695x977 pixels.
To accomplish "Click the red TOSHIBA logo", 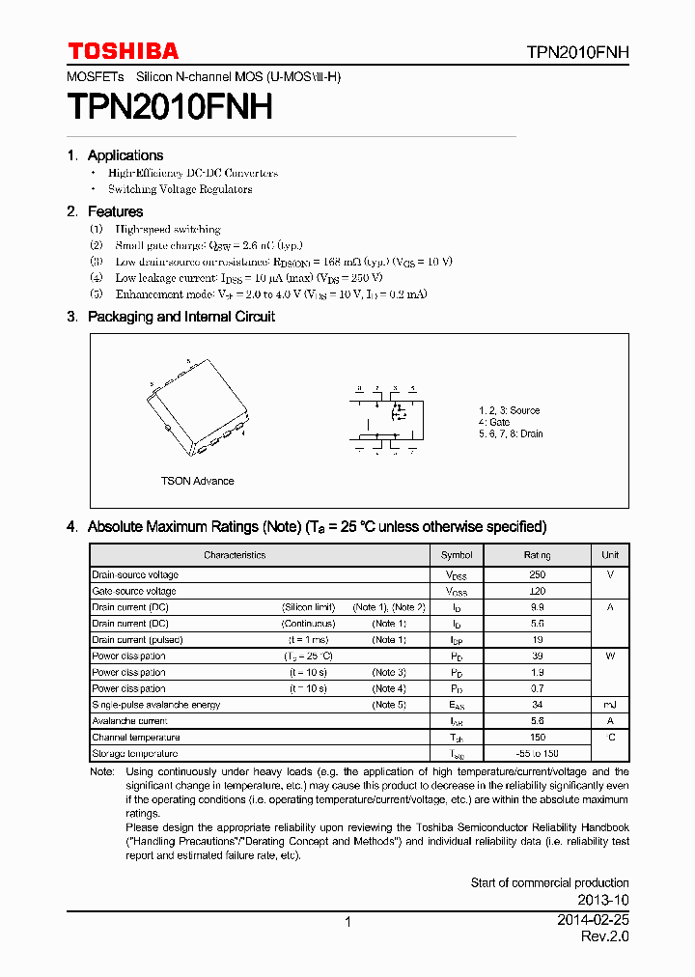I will pyautogui.click(x=123, y=51).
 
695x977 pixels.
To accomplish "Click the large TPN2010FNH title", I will pyautogui.click(x=169, y=106).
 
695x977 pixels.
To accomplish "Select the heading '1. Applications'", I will pyautogui.click(x=115, y=155).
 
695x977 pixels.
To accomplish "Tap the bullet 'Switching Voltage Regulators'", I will pyautogui.click(x=180, y=189).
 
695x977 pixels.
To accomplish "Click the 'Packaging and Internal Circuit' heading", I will pyautogui.click(x=181, y=317).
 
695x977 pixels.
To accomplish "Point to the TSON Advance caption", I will pyautogui.click(x=197, y=481).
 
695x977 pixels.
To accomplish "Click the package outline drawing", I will pyautogui.click(x=198, y=406).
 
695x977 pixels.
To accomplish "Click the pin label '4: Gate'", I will pyautogui.click(x=494, y=422).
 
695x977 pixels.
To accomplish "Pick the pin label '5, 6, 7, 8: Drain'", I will pyautogui.click(x=511, y=434).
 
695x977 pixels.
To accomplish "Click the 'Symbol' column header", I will pyautogui.click(x=457, y=555).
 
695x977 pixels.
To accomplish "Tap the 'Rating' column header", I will pyautogui.click(x=537, y=555).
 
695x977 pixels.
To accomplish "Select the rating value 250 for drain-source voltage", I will pyautogui.click(x=537, y=574).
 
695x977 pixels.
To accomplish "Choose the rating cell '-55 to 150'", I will pyautogui.click(x=537, y=753).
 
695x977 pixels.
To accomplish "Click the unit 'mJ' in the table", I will pyautogui.click(x=610, y=705).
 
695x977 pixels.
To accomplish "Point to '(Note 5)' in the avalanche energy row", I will pyautogui.click(x=389, y=705).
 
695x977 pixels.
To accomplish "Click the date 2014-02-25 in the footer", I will pyautogui.click(x=593, y=921).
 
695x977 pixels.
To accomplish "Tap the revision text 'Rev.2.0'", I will pyautogui.click(x=605, y=937).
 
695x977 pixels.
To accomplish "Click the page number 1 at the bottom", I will pyautogui.click(x=347, y=922).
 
